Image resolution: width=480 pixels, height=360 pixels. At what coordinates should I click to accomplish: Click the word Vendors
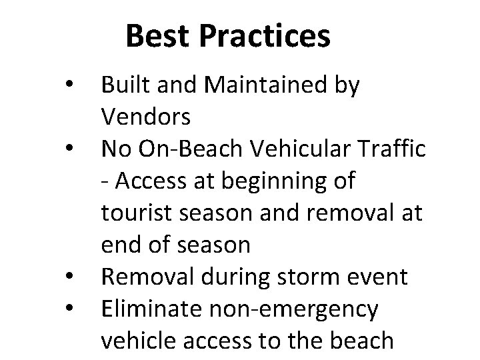coord(146,117)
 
